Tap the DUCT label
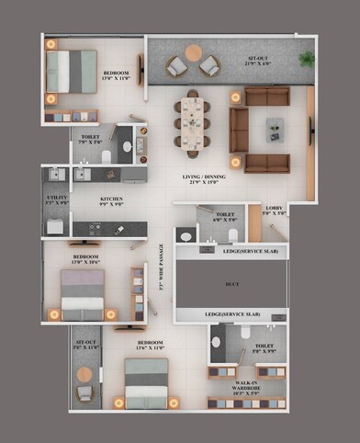(x=231, y=285)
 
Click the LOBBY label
(x=276, y=210)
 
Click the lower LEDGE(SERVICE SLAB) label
(x=231, y=314)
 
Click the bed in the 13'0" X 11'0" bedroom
(x=72, y=71)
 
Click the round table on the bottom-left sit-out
(x=84, y=374)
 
